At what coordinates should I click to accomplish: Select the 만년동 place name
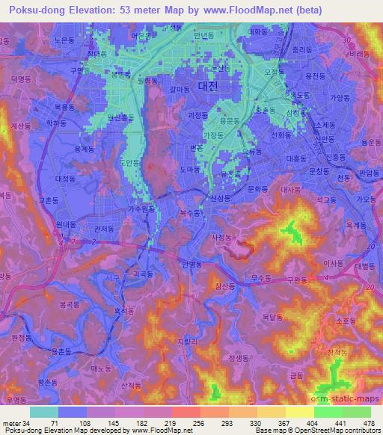click(x=203, y=35)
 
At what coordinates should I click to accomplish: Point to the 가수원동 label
click(x=143, y=209)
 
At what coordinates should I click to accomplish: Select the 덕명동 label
click(x=21, y=78)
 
